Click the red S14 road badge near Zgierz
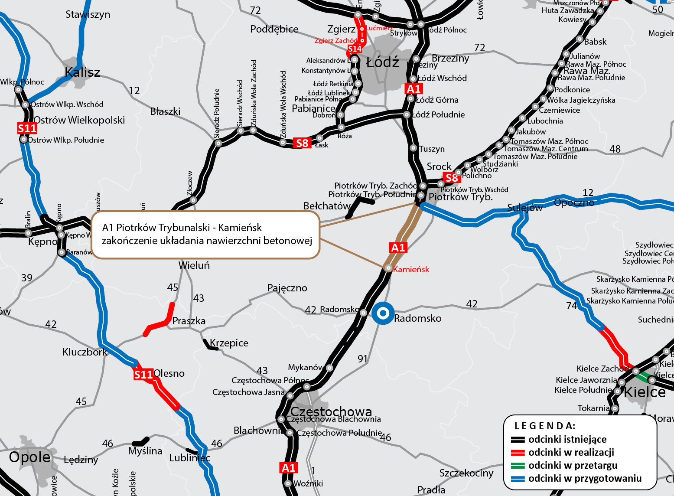point(355,49)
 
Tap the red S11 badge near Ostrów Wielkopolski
point(27,128)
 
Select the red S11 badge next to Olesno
point(143,375)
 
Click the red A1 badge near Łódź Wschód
point(414,89)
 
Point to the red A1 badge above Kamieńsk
point(398,248)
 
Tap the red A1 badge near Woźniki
point(289,468)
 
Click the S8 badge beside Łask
point(302,143)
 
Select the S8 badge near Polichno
point(452,177)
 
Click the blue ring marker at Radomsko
point(383,313)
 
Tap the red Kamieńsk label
point(411,269)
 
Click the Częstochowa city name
point(331,411)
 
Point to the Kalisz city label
point(82,72)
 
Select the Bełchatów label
point(327,206)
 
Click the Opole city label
point(29,457)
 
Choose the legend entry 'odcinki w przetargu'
point(573,465)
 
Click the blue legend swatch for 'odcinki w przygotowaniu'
point(518,479)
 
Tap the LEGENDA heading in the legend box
point(545,426)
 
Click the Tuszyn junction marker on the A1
point(414,148)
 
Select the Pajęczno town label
point(287,288)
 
